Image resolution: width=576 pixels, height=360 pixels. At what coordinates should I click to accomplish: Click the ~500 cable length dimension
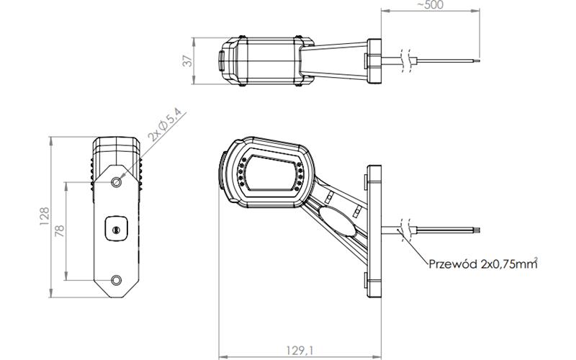430,5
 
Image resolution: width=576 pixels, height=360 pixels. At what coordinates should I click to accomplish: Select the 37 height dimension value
188,61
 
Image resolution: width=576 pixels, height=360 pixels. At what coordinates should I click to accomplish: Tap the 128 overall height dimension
45,216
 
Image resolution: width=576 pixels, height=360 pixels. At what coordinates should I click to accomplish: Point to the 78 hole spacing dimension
60,230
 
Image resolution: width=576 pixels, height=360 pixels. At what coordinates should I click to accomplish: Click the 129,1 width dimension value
300,350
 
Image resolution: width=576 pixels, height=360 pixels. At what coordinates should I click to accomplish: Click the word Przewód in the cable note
453,264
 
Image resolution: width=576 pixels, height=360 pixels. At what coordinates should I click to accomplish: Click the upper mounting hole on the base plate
117,182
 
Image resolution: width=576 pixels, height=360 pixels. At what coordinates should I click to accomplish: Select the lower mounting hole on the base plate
117,280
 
